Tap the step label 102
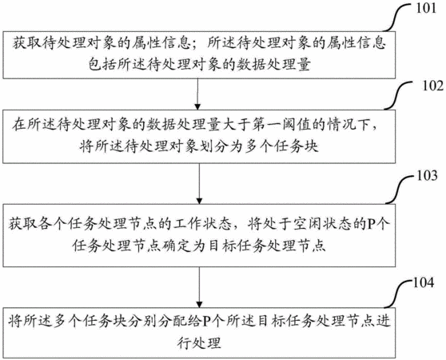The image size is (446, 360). [x=433, y=86]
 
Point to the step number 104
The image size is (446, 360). [x=424, y=282]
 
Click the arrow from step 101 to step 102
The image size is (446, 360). [x=197, y=94]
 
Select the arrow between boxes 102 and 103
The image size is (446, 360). [x=199, y=183]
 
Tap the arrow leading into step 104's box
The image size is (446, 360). [x=199, y=287]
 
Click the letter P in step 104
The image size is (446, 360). [x=208, y=322]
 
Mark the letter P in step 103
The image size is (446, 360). [x=372, y=224]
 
